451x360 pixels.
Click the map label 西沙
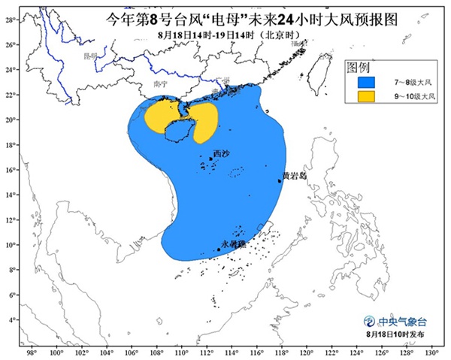click(221, 154)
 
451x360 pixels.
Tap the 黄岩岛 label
click(294, 176)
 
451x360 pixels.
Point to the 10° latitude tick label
click(11, 245)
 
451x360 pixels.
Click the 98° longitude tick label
click(32, 351)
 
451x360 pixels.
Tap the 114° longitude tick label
click(232, 351)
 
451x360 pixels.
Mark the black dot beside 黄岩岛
click(280, 180)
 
